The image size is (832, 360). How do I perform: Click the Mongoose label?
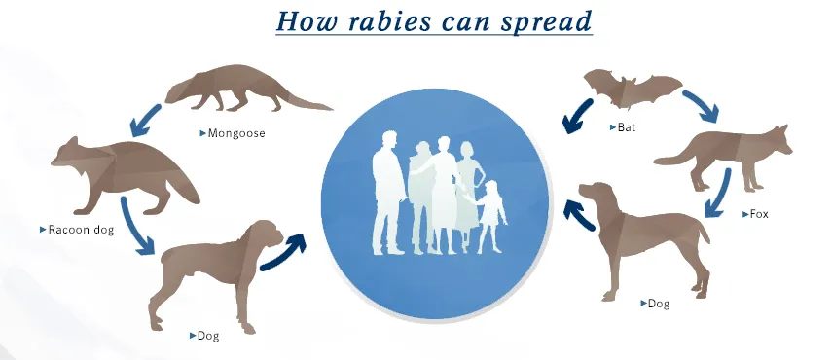pyautogui.click(x=233, y=133)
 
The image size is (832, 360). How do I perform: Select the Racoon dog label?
pyautogui.click(x=77, y=230)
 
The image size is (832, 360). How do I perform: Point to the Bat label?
pyautogui.click(x=623, y=127)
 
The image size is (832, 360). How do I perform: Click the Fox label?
pyautogui.click(x=755, y=214)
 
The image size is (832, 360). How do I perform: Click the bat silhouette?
pyautogui.click(x=632, y=89)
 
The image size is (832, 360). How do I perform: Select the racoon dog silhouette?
pyautogui.click(x=125, y=174)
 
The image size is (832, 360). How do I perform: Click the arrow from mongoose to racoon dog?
pyautogui.click(x=145, y=121)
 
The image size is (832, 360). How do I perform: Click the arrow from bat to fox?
pyautogui.click(x=702, y=105)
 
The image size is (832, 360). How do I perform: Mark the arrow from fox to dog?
pyautogui.click(x=718, y=194)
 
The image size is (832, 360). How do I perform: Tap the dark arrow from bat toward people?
pyautogui.click(x=577, y=116)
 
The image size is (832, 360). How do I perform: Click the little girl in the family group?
pyautogui.click(x=490, y=217)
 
